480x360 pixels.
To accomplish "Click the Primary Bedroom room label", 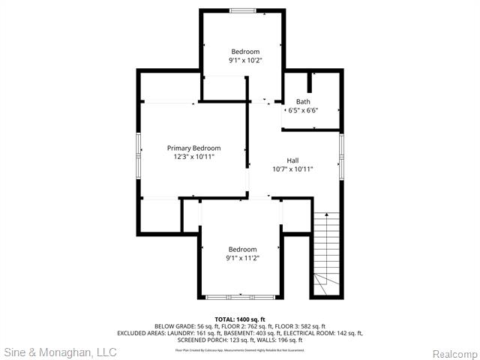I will [193, 148].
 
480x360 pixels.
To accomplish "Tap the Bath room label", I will [303, 102].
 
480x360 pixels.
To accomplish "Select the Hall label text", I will [292, 160].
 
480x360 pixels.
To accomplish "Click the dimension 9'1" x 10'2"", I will [245, 60].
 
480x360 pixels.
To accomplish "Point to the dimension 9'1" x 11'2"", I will [242, 258].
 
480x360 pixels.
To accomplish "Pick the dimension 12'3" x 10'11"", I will [193, 157].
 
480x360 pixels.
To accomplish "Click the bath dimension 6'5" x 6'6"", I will [303, 111].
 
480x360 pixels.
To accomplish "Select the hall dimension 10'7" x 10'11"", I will [292, 169].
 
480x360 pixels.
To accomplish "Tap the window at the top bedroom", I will [241, 10].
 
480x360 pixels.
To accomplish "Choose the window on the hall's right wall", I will [341, 156].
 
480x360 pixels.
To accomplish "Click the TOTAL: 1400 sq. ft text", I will [240, 319].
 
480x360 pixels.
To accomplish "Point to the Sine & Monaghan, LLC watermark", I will [60, 352].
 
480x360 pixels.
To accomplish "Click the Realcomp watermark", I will [452, 353].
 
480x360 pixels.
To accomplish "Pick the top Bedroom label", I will [245, 51].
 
